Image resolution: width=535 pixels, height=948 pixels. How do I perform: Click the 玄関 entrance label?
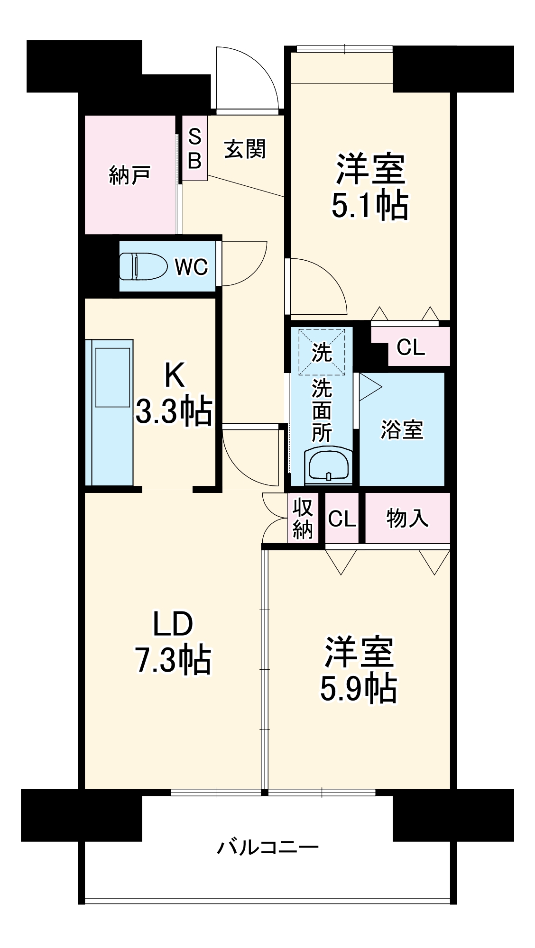[245, 149]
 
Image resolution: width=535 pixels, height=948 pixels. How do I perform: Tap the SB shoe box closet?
[195, 148]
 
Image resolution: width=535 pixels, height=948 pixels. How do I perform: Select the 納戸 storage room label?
[129, 175]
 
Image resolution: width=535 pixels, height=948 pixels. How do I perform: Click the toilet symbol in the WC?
[143, 266]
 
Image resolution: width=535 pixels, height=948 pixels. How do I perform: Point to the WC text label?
[191, 267]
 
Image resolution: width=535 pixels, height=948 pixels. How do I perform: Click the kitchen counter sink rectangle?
[112, 377]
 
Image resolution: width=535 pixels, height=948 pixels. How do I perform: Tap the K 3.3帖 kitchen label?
[174, 393]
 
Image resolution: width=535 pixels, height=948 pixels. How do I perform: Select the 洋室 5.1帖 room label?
[369, 186]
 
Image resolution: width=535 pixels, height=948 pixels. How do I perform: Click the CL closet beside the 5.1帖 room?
[411, 347]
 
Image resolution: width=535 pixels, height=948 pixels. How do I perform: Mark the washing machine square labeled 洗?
[322, 352]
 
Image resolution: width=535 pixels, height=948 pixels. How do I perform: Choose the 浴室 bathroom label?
[402, 429]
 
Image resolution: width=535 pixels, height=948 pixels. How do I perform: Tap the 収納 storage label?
[303, 519]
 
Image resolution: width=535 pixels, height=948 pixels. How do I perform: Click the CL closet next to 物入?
[342, 519]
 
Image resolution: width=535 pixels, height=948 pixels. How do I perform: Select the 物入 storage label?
[407, 518]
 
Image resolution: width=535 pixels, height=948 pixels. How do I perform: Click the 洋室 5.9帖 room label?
[359, 669]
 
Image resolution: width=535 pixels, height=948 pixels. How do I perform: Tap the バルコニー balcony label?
[268, 847]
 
